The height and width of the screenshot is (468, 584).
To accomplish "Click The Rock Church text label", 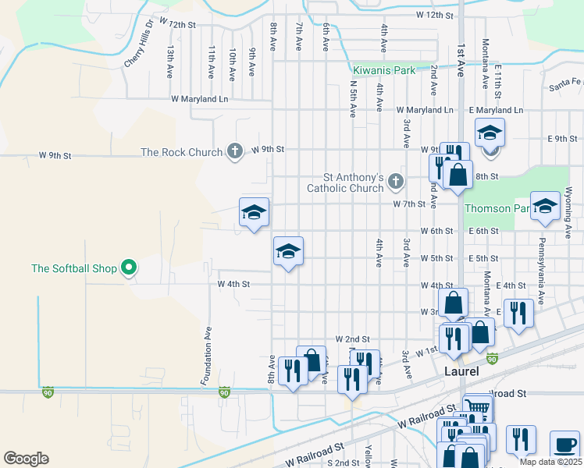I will pos(181,152).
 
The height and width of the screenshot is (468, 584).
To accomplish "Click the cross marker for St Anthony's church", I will pos(396,182).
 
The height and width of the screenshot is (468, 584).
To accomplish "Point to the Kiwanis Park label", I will pos(383,70).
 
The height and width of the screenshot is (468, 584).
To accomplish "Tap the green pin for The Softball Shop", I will pos(130,269).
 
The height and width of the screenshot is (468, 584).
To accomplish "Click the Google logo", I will pos(26,459).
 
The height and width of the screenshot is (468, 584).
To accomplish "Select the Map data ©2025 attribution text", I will pos(550,462).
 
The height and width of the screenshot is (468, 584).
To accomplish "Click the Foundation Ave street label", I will pos(208,356).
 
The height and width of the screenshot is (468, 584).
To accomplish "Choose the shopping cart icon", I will pos(477,407).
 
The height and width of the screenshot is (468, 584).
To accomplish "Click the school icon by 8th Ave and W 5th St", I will pos(288,251).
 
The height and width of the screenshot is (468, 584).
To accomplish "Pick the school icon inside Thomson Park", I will pos(545,205).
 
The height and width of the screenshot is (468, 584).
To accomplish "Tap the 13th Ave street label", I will pos(169,61).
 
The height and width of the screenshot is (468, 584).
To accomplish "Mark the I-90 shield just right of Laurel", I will pos(493,359).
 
